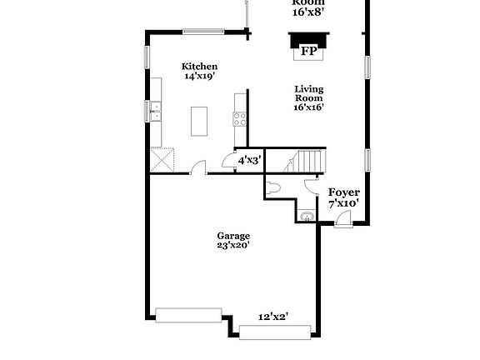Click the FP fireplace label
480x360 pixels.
tap(308, 52)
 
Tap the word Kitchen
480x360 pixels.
tap(200, 67)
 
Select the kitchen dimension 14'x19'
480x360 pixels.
tap(200, 77)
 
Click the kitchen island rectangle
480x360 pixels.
tap(199, 121)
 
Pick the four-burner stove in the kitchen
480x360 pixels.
tap(240, 117)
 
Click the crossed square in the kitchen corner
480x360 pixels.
tap(162, 158)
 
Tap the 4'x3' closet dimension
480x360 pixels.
tap(249, 160)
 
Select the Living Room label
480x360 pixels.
tap(308, 93)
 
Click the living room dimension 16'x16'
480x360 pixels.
tap(308, 107)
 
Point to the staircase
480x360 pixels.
tap(309, 160)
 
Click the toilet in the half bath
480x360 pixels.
tap(274, 187)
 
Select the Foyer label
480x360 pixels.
tap(343, 192)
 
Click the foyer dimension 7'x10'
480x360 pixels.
tap(343, 203)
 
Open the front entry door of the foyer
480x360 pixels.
tap(342, 220)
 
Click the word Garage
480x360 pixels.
tap(233, 236)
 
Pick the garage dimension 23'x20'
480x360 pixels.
tap(233, 246)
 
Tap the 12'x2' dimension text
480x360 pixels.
tap(272, 317)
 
